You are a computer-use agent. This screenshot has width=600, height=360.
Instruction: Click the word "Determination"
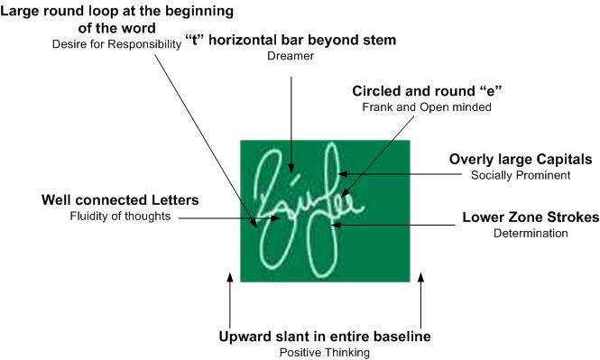[531, 234]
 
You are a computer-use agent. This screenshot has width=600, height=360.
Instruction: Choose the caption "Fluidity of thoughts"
[119, 216]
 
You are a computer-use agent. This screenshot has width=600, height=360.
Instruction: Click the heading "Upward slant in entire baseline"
[325, 337]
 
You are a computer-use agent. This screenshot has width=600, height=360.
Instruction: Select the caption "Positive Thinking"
[325, 352]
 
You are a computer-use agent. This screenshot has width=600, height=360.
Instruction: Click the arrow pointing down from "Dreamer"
[291, 117]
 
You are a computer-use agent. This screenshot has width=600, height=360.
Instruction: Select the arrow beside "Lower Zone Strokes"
[397, 221]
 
